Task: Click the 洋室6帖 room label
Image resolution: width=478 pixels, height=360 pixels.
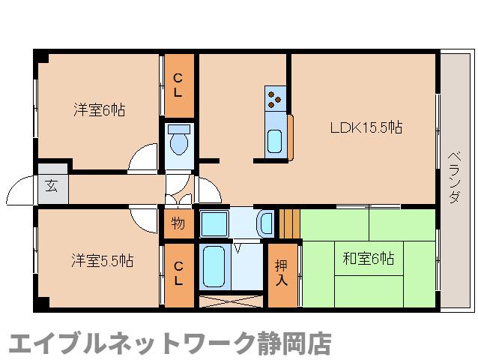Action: click(99, 110)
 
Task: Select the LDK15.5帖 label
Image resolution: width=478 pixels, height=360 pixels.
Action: click(366, 127)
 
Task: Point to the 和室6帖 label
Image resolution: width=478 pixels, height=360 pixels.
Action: click(369, 259)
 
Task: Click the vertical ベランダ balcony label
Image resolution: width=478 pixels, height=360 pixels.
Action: click(454, 177)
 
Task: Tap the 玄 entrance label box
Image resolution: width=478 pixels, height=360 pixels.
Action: click(52, 185)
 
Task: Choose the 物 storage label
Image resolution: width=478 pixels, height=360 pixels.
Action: click(178, 223)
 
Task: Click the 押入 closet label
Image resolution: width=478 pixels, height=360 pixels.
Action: click(282, 271)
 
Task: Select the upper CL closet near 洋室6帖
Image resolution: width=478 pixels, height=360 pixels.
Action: click(178, 84)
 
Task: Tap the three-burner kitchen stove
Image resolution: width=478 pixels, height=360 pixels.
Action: click(275, 96)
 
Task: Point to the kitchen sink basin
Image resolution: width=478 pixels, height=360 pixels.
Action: click(275, 139)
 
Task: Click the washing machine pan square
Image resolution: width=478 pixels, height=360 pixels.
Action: click(215, 223)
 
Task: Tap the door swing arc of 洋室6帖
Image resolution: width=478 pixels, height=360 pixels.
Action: click(144, 159)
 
